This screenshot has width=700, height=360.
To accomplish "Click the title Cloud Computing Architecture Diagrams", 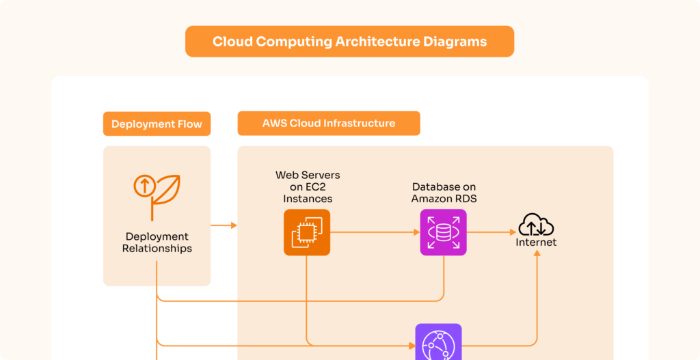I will tap(349, 42).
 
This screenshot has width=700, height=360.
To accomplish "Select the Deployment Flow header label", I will tap(157, 124).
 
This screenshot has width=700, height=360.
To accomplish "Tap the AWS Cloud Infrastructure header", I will tap(328, 124).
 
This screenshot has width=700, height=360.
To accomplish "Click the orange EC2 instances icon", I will tap(307, 232).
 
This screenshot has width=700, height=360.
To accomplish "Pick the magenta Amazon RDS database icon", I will tap(443, 232).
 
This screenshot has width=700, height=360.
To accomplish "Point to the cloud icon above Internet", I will tap(536, 225).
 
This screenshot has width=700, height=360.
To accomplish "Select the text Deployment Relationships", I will tap(157, 243).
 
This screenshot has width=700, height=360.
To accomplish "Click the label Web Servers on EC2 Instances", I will tap(307, 187).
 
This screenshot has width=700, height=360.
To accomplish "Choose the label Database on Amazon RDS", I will tap(443, 193).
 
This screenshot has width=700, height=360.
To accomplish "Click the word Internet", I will tap(536, 243).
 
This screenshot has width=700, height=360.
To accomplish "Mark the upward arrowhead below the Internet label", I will tap(537, 253).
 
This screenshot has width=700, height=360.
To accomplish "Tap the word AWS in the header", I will tap(275, 124).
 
